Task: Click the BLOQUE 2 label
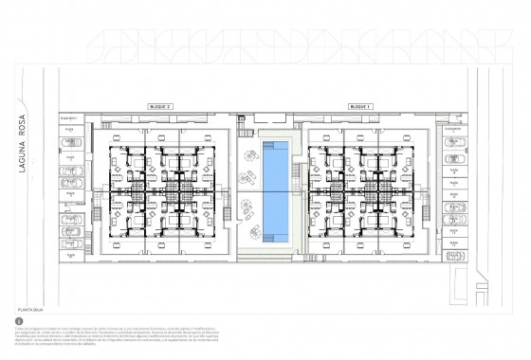[160, 108]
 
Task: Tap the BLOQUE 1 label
[361, 108]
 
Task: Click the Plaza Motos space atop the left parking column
[69, 118]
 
